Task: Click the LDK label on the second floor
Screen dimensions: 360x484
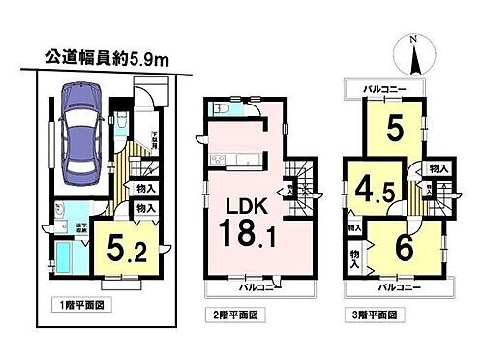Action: [247, 207]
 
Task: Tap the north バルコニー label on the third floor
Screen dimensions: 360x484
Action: [385, 88]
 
